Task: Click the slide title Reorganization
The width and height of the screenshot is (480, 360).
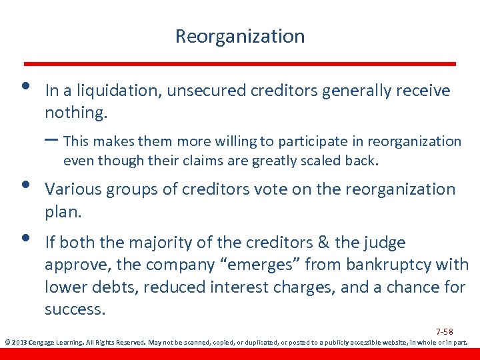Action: [x=239, y=36]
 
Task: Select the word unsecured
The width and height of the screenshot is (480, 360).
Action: [x=203, y=91]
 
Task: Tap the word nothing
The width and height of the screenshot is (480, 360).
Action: [x=75, y=113]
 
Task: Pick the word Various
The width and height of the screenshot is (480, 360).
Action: [x=70, y=189]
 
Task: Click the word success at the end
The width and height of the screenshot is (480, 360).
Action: [x=75, y=309]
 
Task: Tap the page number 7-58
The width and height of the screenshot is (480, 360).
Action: [x=445, y=331]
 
